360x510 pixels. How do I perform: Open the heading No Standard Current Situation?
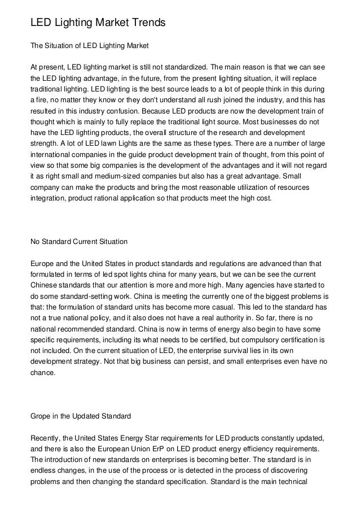point(78,242)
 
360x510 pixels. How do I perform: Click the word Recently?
point(47,438)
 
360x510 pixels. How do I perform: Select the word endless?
point(43,471)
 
